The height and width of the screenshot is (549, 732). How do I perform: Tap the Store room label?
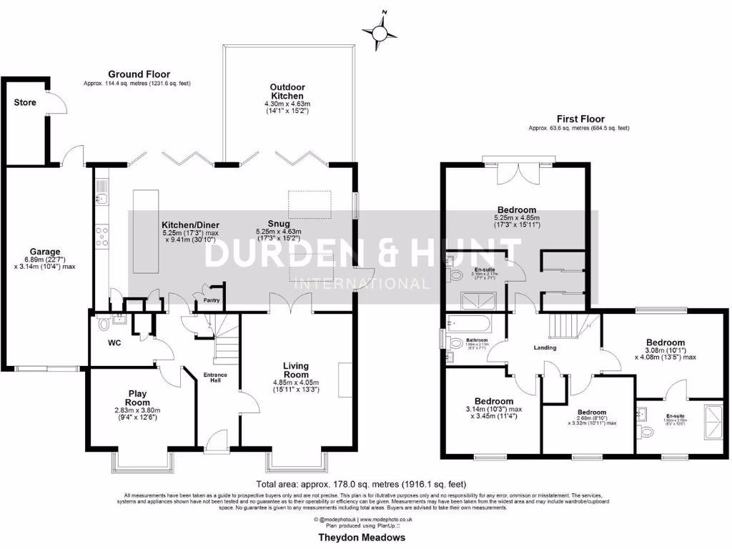pos(25,102)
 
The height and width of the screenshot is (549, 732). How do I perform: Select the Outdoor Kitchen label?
pos(286,91)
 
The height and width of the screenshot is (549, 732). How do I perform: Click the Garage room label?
pos(44,251)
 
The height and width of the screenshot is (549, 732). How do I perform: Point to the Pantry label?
pos(212,300)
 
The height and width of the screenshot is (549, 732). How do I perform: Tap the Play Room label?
pos(137,397)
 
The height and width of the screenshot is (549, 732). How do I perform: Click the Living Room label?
pos(295,369)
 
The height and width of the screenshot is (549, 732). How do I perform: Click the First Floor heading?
pos(580,119)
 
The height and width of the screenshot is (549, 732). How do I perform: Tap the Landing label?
pos(545,347)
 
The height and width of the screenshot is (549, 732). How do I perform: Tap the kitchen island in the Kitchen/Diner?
pos(144,230)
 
